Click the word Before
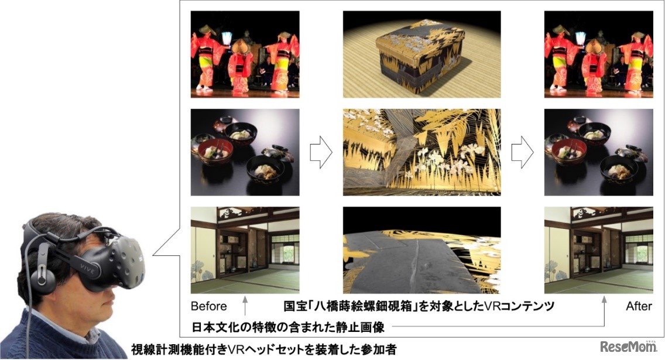208,306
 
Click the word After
639,306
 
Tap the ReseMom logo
629,347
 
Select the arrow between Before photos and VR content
321,152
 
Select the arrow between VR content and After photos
522,152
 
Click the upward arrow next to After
604,311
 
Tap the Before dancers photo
245,54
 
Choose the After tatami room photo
598,250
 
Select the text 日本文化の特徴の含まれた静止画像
288,327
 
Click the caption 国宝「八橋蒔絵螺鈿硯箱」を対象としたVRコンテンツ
419,306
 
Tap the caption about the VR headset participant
263,349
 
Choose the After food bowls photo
598,152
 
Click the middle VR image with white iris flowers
421,152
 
